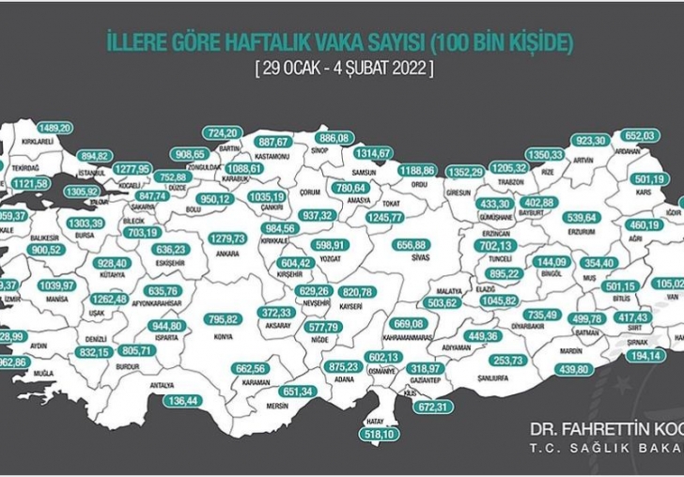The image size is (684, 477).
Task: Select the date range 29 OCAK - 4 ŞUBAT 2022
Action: [x=342, y=69]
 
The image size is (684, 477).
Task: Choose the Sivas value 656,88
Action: [x=416, y=244]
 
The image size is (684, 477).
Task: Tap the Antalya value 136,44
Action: [x=179, y=400]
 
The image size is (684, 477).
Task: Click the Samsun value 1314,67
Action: [x=372, y=153]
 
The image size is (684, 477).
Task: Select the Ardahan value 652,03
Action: [x=642, y=135]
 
